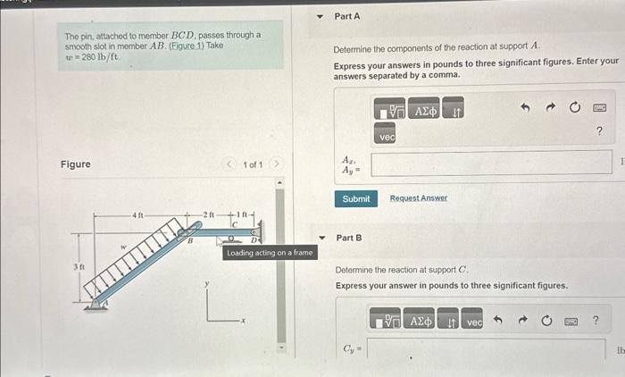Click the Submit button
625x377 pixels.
coord(355,198)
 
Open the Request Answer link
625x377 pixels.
coord(419,198)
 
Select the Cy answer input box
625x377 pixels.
coord(490,348)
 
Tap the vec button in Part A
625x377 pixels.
coord(387,138)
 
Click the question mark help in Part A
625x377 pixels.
coord(598,132)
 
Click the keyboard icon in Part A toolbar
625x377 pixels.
coord(599,108)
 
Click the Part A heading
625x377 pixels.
coord(347,17)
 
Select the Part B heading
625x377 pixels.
coord(349,238)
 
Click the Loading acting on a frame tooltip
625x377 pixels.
coord(270,253)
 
